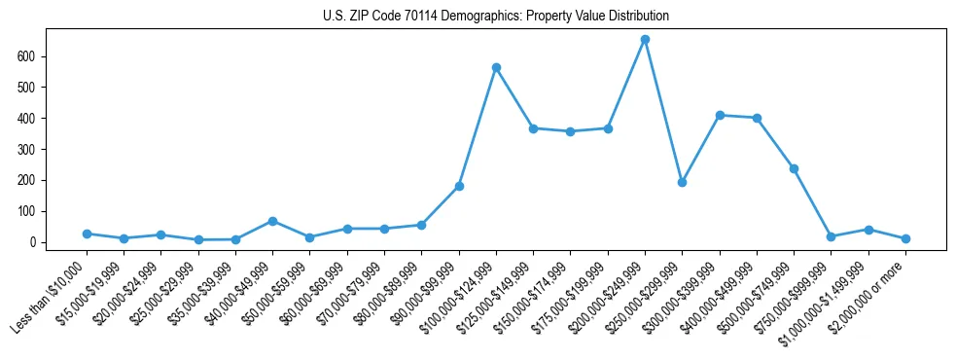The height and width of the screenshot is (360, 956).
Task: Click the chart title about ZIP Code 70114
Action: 496,17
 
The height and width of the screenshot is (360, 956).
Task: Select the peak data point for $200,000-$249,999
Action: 645,40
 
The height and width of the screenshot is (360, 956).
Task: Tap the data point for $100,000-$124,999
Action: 496,67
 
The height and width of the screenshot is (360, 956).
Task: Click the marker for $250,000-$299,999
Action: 682,182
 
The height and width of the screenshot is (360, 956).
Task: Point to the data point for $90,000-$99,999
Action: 459,186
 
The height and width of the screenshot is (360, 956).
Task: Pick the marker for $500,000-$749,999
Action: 794,168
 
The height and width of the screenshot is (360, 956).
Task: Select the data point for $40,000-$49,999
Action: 272,221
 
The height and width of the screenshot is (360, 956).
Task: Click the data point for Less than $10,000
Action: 87,234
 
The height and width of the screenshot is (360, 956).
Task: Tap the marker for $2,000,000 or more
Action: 905,238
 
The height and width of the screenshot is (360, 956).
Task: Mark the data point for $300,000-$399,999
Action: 720,115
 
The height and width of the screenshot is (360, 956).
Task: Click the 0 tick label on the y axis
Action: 32,242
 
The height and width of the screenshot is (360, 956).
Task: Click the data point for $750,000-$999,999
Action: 831,236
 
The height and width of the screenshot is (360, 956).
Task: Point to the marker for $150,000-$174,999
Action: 570,131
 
